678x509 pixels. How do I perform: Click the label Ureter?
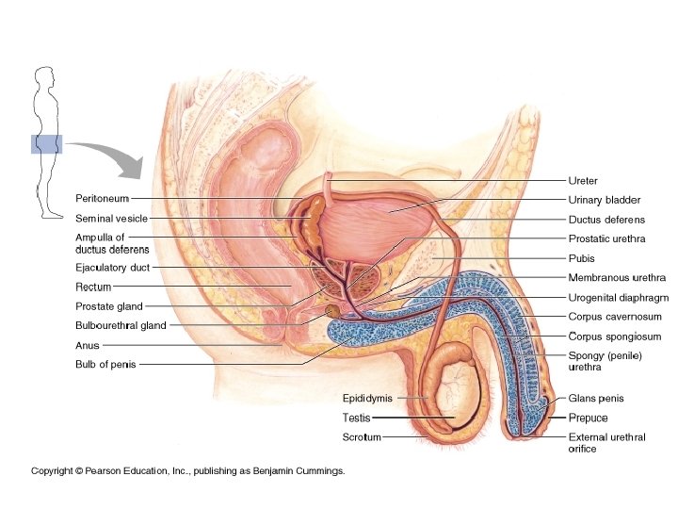(x=583, y=180)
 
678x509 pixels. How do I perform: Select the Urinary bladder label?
(x=604, y=200)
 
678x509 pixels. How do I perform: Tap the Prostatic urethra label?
(x=606, y=239)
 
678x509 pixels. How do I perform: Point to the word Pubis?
(x=582, y=258)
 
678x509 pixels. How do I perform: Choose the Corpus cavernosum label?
(x=614, y=318)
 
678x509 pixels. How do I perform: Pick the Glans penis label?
(x=595, y=399)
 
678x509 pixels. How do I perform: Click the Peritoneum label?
(x=101, y=199)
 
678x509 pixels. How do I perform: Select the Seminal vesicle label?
(x=111, y=218)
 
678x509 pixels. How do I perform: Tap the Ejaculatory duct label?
(x=112, y=268)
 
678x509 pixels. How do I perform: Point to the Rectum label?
(x=93, y=287)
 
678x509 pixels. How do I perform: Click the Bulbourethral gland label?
(x=120, y=325)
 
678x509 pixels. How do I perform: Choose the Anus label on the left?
(x=87, y=345)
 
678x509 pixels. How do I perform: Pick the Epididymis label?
(x=366, y=399)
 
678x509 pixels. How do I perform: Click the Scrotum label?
(x=362, y=436)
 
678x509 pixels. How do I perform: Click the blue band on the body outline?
(x=45, y=143)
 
